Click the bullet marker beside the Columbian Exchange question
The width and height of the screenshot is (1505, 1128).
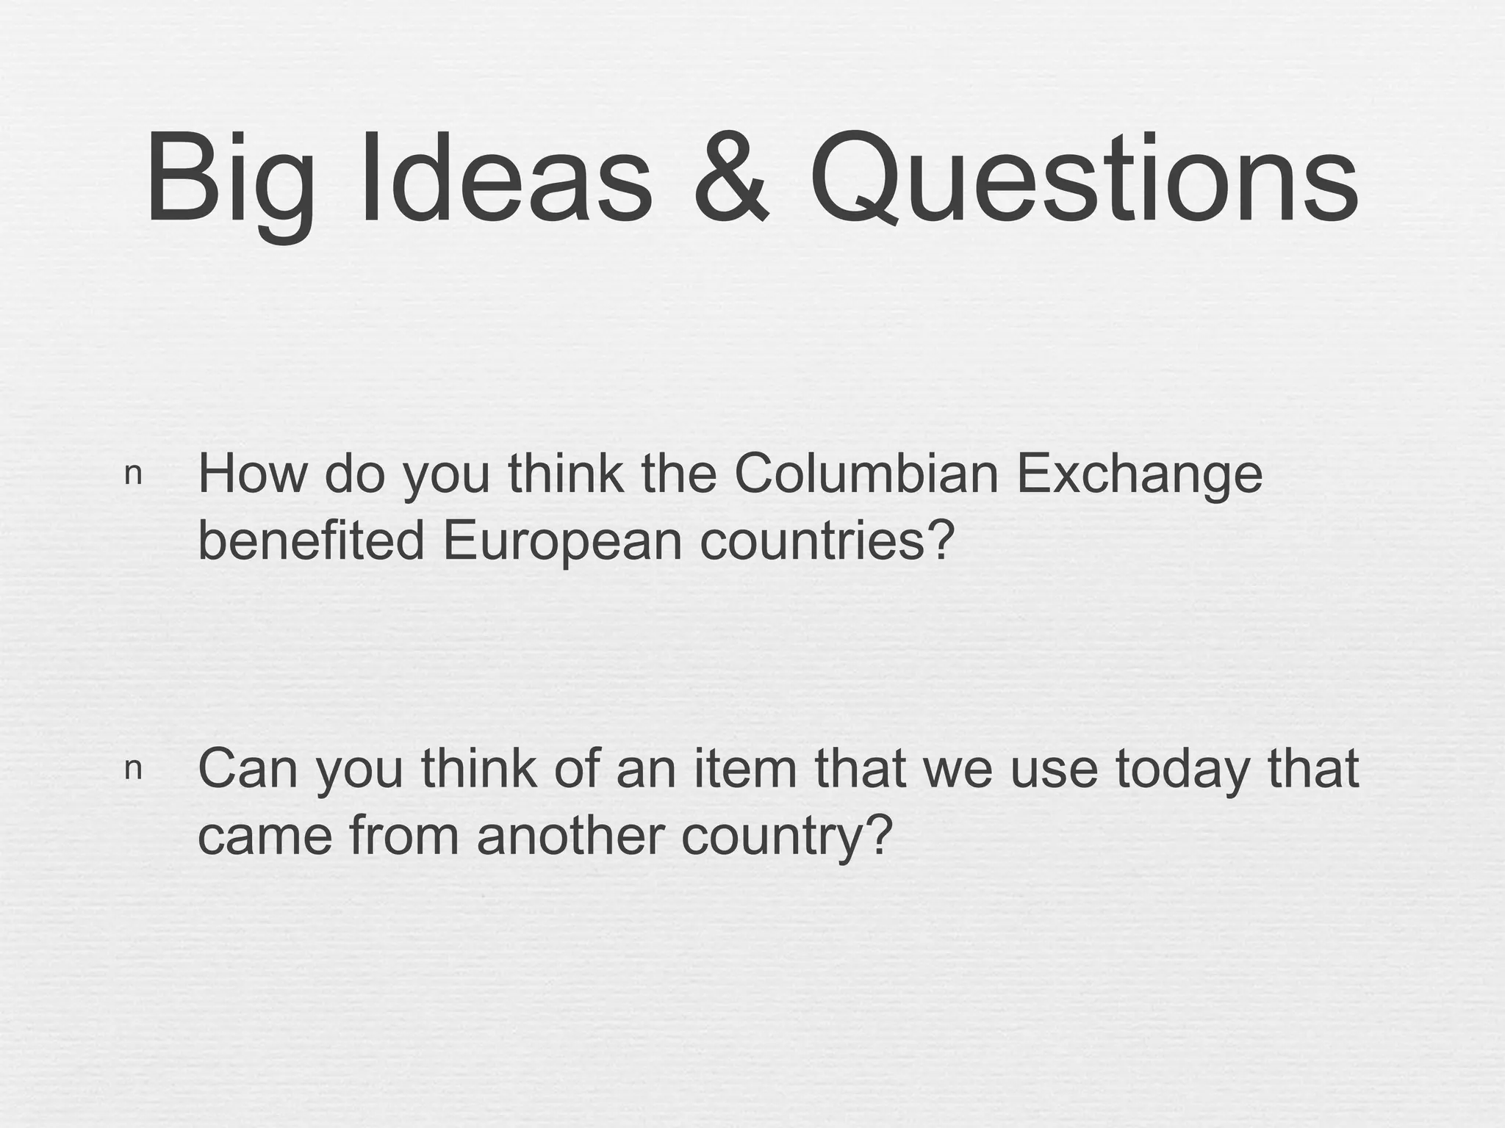point(133,474)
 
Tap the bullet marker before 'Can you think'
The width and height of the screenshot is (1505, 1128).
point(133,769)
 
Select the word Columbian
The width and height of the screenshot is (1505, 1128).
point(866,474)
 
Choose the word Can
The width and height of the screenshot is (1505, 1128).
point(251,769)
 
